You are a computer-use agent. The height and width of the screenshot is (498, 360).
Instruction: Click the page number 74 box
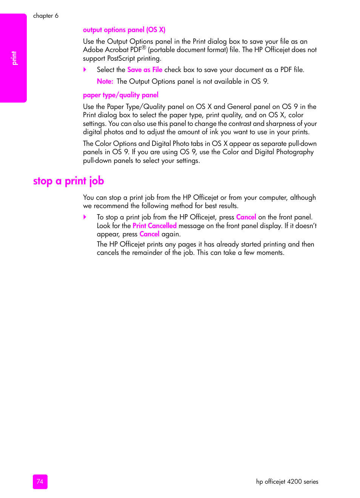pos(40,481)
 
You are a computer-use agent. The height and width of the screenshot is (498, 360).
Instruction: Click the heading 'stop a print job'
pos(68,181)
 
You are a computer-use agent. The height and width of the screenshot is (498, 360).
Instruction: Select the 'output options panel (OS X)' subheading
pos(124,30)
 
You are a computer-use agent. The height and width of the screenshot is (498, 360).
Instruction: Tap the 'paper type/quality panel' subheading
pos(120,95)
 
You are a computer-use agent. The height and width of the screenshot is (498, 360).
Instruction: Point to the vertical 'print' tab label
pos(14,58)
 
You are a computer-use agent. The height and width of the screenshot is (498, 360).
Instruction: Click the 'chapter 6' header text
pos(46,15)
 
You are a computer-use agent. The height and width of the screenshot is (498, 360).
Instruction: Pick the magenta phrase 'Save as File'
pos(145,70)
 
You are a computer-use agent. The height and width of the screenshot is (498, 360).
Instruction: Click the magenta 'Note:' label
pos(105,81)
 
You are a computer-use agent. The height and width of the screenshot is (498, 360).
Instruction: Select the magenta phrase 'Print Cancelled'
pos(154,226)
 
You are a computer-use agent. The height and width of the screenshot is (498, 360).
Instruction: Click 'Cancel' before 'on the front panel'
pos(246,217)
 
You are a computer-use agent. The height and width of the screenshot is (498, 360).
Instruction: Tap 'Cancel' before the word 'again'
pos(149,234)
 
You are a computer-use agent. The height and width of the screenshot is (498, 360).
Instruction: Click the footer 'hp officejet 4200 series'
pos(287,481)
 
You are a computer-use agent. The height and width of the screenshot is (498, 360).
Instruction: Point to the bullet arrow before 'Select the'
pos(85,70)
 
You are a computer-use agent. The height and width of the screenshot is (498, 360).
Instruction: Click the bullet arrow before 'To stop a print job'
pos(85,217)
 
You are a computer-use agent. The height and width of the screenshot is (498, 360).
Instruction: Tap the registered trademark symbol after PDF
pos(144,48)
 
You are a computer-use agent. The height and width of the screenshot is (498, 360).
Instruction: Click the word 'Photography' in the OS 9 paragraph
pos(295,152)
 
